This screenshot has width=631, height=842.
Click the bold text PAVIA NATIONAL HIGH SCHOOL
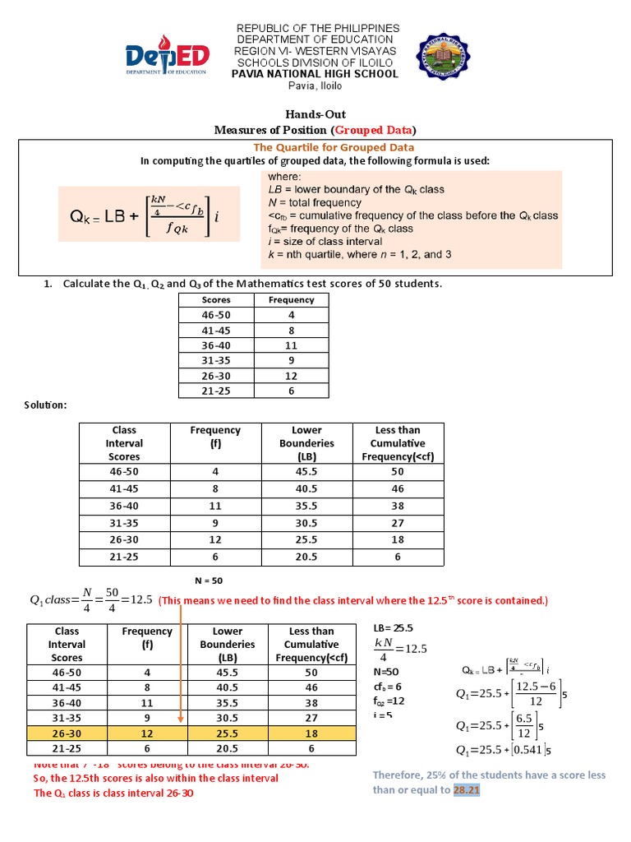[x=315, y=74]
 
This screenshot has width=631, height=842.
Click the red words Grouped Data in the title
[x=373, y=130]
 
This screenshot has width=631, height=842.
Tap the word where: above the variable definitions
[x=284, y=177]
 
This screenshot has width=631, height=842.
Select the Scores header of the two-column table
[x=216, y=300]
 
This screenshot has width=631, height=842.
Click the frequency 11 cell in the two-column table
[x=291, y=345]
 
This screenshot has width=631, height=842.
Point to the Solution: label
[x=45, y=405]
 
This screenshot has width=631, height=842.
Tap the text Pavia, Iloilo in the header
[x=315, y=87]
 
